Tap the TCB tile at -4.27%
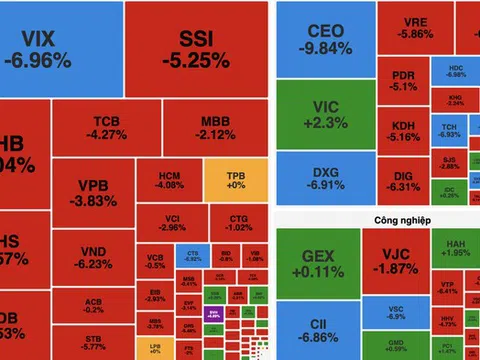point(105,128)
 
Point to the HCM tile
point(171,179)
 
